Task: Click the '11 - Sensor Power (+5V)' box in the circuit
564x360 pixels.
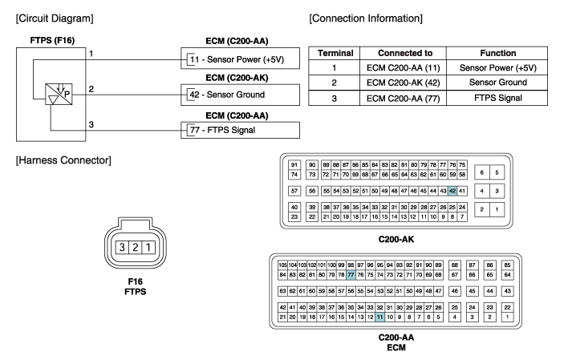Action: [230, 59]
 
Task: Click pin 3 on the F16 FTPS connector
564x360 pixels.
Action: [123, 240]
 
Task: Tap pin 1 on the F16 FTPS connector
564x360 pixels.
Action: [149, 240]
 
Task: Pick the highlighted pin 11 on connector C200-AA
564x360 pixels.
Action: [379, 318]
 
